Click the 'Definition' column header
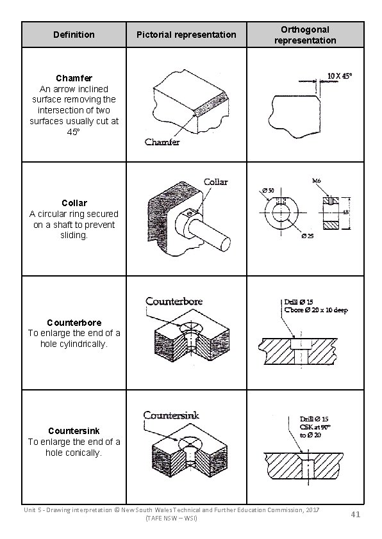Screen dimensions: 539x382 [x=74, y=35]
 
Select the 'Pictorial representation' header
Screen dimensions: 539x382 [x=187, y=35]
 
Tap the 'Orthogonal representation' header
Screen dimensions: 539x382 [x=304, y=35]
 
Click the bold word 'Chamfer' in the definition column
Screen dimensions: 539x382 [x=74, y=79]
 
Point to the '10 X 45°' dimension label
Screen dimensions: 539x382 [x=340, y=75]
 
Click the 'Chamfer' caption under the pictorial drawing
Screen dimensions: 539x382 [x=162, y=141]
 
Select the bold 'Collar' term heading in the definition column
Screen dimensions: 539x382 [x=74, y=203]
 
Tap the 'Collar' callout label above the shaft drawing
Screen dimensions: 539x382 [x=215, y=182]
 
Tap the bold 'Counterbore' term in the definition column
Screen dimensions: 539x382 [x=74, y=322]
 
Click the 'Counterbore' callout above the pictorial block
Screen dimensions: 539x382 [x=174, y=301]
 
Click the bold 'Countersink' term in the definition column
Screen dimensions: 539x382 [x=74, y=431]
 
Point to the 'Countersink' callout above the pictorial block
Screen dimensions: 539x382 [x=170, y=415]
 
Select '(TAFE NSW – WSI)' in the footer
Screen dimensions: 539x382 [x=172, y=517]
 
